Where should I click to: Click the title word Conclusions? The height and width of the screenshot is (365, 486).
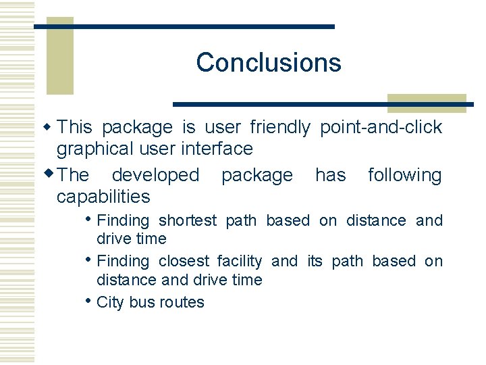(269, 63)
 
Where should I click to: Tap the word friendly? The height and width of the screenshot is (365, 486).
(280, 127)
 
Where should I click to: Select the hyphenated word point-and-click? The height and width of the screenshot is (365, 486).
(381, 127)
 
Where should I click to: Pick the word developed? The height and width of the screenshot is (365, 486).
(155, 175)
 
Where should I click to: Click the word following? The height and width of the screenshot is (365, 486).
(404, 176)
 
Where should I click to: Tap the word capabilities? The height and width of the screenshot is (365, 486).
(103, 197)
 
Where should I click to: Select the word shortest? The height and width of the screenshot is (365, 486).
(188, 221)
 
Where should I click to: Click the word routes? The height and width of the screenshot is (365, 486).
(182, 302)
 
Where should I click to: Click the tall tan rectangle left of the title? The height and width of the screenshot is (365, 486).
(59, 57)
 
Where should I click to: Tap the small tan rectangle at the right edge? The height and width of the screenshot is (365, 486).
(427, 103)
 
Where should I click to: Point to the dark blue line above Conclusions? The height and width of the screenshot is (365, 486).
(184, 26)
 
